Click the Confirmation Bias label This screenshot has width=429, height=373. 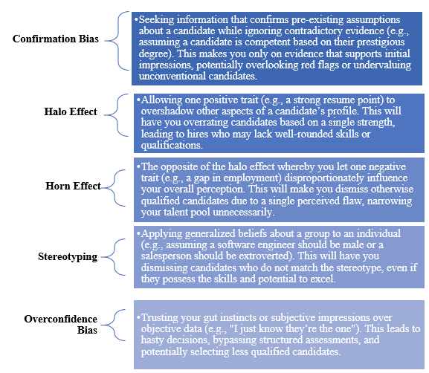coord(56,39)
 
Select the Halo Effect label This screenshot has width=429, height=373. coord(71,111)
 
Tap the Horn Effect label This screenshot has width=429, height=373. coord(73,186)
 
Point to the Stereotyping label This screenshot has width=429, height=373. coord(68,257)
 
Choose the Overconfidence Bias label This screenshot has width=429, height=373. coord(61,324)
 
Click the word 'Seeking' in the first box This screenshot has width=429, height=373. coord(156,20)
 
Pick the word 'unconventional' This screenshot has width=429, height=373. coord(172,76)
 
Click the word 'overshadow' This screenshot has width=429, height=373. coord(167,111)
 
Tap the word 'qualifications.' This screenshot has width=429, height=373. coord(172,145)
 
